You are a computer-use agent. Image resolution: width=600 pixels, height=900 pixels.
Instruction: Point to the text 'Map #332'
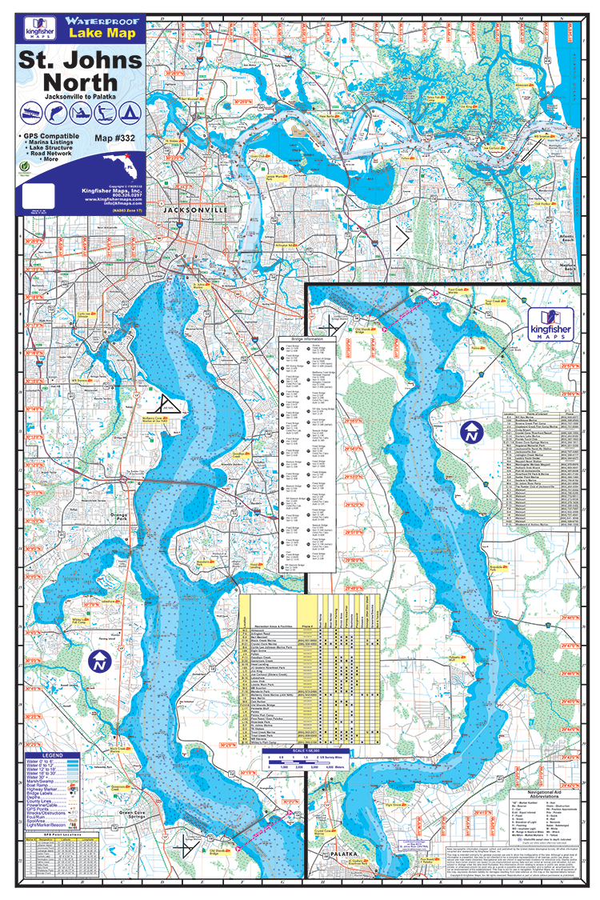(x=118, y=138)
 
